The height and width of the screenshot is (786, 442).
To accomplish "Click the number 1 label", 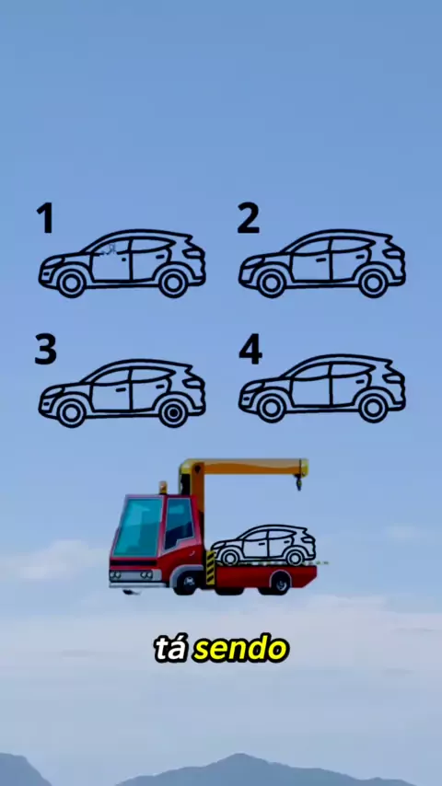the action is point(45,218).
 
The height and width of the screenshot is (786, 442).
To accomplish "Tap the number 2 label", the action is point(249,218).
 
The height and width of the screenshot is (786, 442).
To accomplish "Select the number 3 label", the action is point(46,349).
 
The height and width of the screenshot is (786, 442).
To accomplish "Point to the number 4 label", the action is point(250,349).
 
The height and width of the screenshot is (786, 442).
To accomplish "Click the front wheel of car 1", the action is point(71,283).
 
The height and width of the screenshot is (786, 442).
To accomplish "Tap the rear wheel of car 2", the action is point(373,283).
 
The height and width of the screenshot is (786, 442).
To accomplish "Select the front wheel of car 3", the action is point(71,413).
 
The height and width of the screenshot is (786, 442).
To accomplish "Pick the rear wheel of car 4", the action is point(373,409).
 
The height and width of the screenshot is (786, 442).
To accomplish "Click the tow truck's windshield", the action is point(136,526).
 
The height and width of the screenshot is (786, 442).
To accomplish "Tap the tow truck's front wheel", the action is point(188,582).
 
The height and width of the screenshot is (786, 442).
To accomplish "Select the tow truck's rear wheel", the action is point(280,584).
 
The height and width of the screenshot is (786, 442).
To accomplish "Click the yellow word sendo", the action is point(241,650).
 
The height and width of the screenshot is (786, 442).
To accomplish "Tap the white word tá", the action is point(172,649).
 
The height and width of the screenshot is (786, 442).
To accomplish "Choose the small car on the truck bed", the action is point(263,545).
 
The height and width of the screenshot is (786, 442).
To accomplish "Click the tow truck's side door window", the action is point(180,523).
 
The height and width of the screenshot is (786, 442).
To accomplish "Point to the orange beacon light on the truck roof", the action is point(163,488).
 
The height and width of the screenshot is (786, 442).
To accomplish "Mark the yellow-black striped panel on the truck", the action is point(210,568).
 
